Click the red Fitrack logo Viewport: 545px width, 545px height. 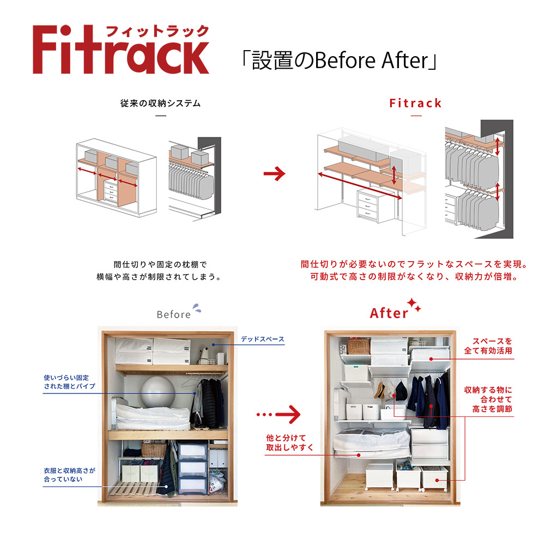click(x=120, y=50)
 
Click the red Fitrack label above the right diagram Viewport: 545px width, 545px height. click(x=415, y=103)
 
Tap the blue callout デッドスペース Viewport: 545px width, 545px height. click(x=262, y=339)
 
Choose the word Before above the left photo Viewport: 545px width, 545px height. click(x=173, y=314)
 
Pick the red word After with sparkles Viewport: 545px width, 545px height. click(x=389, y=313)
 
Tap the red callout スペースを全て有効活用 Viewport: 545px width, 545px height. click(x=488, y=346)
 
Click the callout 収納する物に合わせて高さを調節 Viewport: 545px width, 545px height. click(x=488, y=399)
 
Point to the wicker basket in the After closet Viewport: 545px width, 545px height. click(x=358, y=347)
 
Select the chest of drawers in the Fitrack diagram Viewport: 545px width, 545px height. click(x=371, y=205)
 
